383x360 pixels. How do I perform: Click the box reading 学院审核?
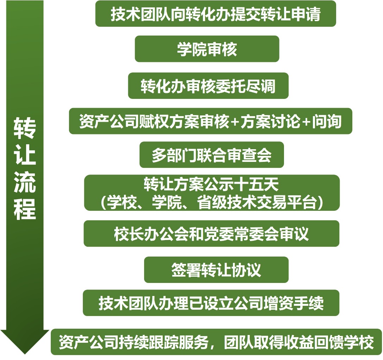[x=207, y=49]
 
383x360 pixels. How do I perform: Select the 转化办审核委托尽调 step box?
[x=208, y=86]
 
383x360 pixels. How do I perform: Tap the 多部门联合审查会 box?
[x=211, y=154]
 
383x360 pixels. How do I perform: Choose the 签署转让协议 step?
[x=216, y=270]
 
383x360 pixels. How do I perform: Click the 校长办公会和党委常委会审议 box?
[x=211, y=234]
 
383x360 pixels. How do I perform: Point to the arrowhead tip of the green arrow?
[x=25, y=354]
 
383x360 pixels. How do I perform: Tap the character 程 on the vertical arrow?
[x=25, y=209]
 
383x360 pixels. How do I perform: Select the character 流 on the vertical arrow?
[x=25, y=182]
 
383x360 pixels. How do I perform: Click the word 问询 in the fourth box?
[x=327, y=121]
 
